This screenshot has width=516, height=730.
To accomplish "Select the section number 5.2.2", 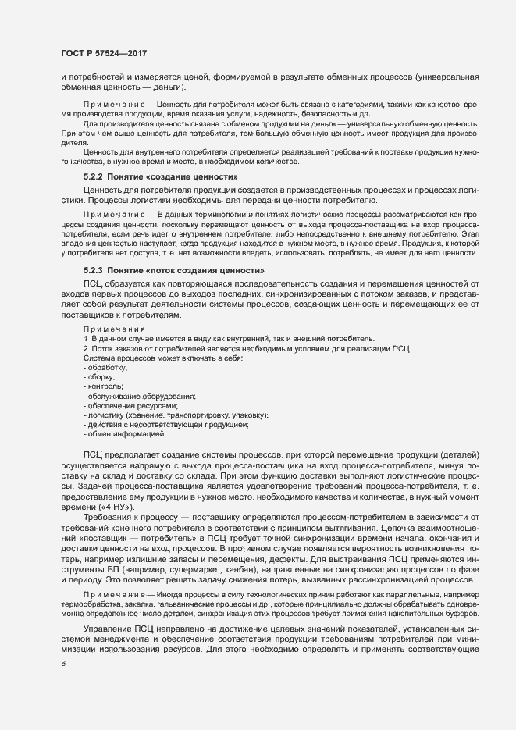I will (96, 177).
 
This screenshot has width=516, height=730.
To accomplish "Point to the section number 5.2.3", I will (96, 270).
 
